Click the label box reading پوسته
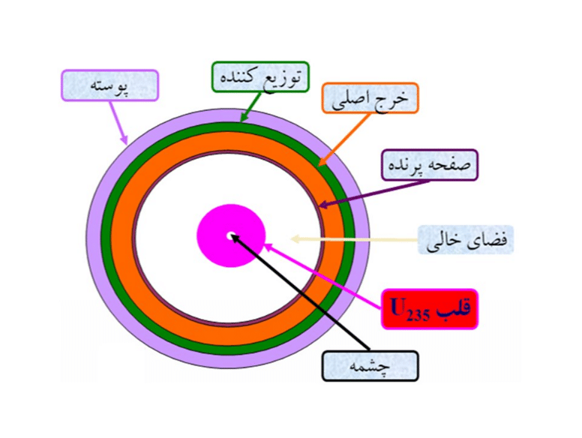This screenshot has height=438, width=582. pos(109,85)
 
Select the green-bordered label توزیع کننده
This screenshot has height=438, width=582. pos(260,76)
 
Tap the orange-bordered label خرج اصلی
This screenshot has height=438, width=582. pos(370,98)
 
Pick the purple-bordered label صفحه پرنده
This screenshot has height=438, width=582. pos(430,165)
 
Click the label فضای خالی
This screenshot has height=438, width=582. pos(466,240)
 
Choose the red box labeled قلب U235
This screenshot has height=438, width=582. pos(430,309)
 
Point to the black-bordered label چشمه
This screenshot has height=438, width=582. pos(370,366)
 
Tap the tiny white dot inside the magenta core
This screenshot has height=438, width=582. pos(230,235)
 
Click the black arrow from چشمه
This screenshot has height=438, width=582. pos(301,292)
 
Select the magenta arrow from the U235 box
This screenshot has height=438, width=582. pos(323,276)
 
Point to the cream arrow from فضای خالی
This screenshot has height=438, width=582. pos(354,239)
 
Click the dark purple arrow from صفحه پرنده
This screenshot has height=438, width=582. pos(374,193)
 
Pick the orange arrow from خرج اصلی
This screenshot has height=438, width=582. pos(344,139)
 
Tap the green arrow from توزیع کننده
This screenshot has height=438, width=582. pos(250,107)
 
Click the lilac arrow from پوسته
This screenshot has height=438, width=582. pos(118,122)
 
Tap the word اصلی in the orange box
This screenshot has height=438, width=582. pos(349,100)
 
